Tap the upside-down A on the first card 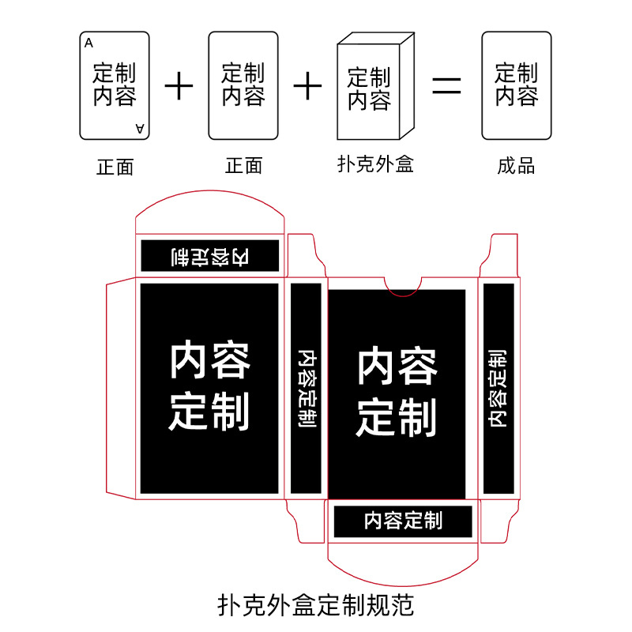140,127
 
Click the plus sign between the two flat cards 179,85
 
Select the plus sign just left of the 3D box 307,85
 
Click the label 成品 516,165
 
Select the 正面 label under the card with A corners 115,167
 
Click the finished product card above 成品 517,85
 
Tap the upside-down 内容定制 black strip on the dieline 211,256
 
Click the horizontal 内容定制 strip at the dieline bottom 403,521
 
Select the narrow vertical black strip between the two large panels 306,387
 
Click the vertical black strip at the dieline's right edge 498,387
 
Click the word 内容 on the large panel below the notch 397,366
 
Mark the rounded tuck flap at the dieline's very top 210,207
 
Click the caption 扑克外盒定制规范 315,605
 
